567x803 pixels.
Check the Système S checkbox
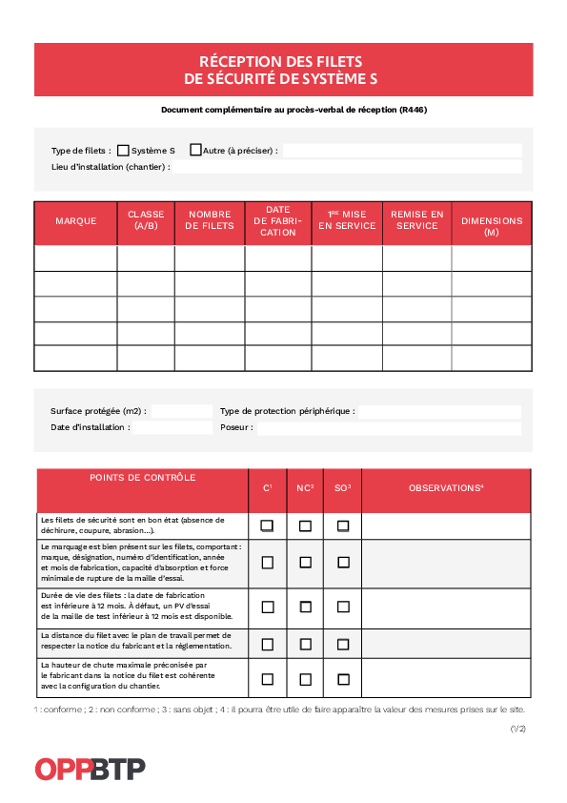point(123,150)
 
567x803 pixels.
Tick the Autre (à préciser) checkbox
point(195,150)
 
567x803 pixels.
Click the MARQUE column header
point(76,221)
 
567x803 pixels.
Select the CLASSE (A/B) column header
point(146,221)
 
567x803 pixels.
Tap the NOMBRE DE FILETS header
point(210,221)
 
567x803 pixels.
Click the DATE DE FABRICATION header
point(278,221)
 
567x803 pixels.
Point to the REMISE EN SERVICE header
point(416,220)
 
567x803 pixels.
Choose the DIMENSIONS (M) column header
point(492,226)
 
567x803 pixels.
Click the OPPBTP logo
point(90,769)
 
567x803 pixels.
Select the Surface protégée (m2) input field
point(181,411)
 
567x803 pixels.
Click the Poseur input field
point(389,428)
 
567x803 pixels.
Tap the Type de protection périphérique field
point(439,411)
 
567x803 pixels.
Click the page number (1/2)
point(517,729)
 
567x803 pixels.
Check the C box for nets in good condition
point(268,525)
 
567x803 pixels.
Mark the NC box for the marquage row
point(305,563)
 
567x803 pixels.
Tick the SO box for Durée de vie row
point(343,607)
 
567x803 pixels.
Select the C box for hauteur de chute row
point(268,679)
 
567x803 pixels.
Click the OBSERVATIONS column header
point(446,488)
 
